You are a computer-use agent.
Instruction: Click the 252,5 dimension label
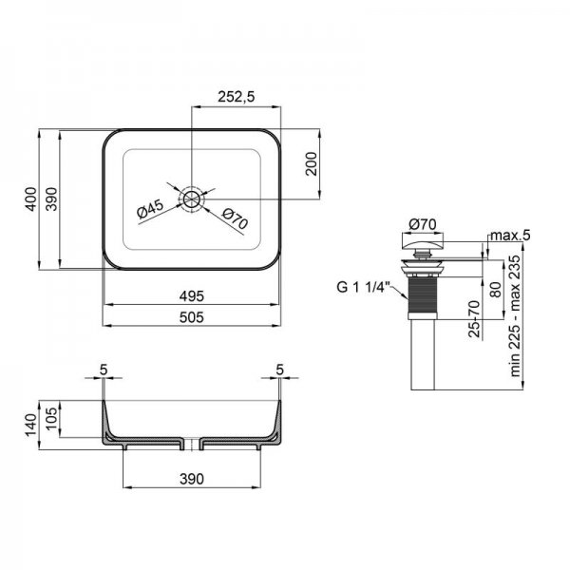237,97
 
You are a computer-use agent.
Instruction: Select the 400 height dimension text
31,199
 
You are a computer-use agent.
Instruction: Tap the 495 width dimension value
192,296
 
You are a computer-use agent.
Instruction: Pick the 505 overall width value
192,317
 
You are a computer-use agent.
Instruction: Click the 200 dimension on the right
312,163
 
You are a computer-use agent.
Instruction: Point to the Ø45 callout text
150,209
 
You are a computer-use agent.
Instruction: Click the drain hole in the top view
191,199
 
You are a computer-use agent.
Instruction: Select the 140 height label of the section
31,425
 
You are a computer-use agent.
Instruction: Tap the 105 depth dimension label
52,418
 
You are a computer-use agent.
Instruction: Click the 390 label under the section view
192,479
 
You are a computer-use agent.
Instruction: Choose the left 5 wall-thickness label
104,370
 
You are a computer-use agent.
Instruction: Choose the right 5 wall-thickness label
279,370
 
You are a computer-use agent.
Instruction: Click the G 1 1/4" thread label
363,288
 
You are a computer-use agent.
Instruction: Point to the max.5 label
510,236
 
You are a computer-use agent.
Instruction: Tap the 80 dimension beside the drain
496,290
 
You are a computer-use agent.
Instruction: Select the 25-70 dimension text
474,319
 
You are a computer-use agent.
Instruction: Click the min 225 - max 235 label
516,316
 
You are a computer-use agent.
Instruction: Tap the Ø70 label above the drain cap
422,224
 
